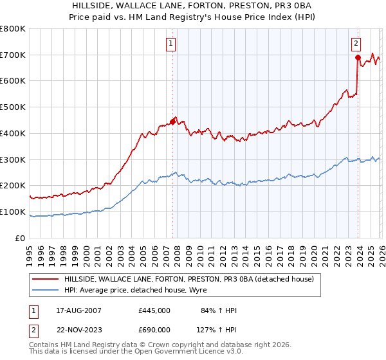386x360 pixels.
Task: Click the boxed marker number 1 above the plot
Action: point(172,44)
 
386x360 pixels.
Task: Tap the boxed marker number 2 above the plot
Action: point(356,44)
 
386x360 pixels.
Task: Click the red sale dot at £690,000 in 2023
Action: point(358,57)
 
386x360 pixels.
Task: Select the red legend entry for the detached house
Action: point(188,279)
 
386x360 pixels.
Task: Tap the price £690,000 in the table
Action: point(154,329)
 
